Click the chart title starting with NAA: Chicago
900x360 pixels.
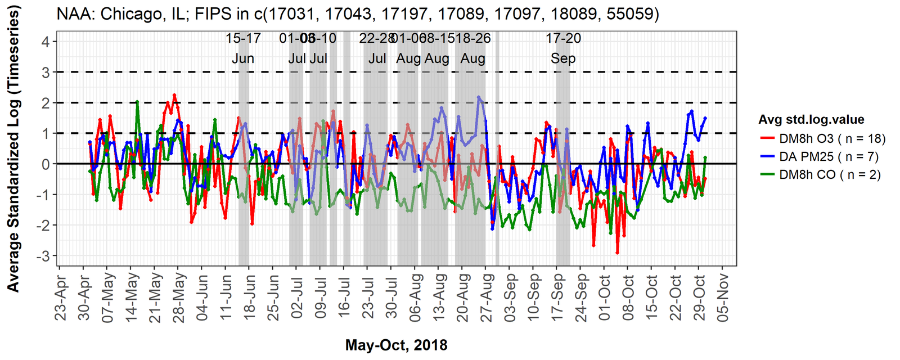click(358, 13)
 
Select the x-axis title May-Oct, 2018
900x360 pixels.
click(397, 345)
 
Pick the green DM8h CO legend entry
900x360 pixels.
click(829, 174)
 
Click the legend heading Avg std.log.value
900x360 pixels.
click(811, 119)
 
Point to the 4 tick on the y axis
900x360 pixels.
click(45, 42)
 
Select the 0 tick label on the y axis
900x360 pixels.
click(45, 164)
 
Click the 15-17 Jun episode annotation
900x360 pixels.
click(243, 48)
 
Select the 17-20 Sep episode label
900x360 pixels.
click(563, 48)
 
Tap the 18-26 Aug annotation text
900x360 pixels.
click(472, 48)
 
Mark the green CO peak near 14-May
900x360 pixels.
click(137, 102)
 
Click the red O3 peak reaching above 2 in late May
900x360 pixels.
click(174, 94)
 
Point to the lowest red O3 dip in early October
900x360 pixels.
click(617, 253)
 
